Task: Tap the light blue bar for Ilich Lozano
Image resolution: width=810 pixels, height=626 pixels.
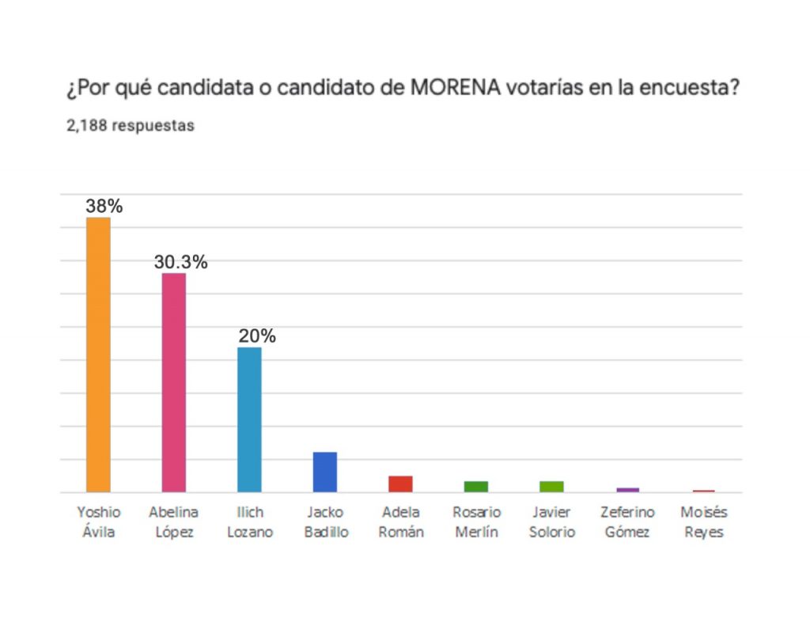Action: (249, 419)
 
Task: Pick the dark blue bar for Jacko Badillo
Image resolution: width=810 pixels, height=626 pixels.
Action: (325, 472)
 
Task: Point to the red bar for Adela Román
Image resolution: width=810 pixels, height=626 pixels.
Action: (400, 484)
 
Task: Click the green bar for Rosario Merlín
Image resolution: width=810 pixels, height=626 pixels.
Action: (476, 487)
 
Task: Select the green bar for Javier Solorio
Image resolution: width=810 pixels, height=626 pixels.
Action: (551, 487)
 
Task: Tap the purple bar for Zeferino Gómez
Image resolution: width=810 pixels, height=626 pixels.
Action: (627, 490)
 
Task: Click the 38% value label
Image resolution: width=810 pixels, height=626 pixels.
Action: (104, 207)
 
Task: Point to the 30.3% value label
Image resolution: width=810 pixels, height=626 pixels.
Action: (180, 262)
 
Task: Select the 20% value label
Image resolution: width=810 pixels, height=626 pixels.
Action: (257, 336)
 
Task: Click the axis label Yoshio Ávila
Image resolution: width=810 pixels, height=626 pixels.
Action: (99, 522)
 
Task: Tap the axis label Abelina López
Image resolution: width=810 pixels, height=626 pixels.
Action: (174, 522)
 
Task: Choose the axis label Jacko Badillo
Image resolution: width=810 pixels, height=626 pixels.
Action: (326, 522)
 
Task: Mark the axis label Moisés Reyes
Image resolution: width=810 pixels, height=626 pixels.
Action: (703, 522)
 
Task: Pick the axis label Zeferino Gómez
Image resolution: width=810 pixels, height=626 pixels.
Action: (627, 522)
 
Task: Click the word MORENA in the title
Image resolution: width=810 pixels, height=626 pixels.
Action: (456, 88)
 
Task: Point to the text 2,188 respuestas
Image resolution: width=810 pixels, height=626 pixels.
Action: (131, 126)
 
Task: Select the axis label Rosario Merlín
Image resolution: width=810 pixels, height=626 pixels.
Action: (477, 522)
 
